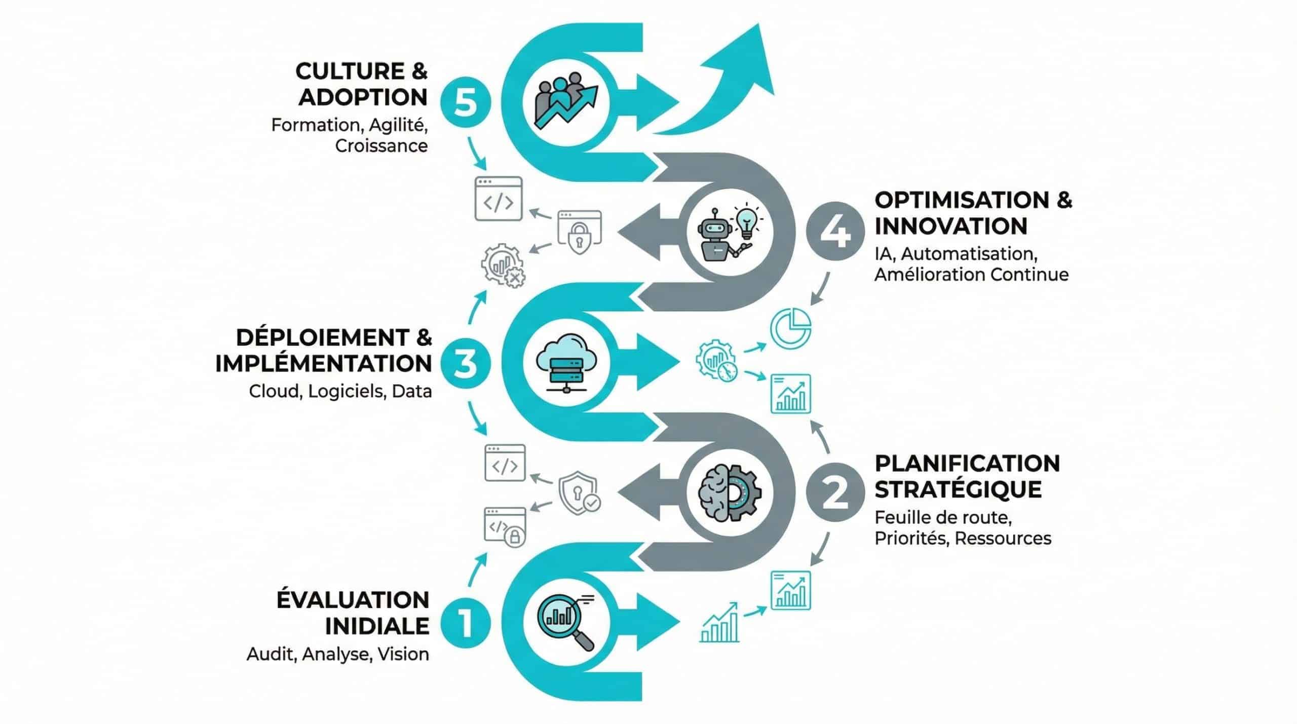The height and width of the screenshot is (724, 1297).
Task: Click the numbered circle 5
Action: point(465,103)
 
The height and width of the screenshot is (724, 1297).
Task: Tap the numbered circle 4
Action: point(835,232)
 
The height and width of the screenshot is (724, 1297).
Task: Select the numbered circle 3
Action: point(465,364)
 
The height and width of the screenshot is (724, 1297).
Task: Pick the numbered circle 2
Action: point(835,492)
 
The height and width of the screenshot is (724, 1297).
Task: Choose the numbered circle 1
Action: point(465,623)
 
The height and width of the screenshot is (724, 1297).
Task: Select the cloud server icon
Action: point(566,363)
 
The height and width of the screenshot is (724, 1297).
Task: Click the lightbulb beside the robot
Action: point(746,220)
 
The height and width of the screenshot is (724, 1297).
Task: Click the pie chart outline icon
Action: point(791,328)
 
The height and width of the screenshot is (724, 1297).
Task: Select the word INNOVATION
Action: point(950,226)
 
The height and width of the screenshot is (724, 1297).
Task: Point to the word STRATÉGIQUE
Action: point(958,489)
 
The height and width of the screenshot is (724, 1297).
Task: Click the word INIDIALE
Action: point(376,626)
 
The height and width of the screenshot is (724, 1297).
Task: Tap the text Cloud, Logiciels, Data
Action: point(340,391)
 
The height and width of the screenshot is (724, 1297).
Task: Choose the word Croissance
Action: point(381,146)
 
